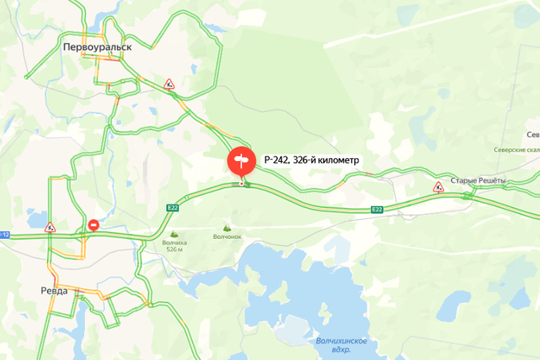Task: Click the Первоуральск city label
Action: click(x=97, y=46)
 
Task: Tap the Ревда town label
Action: click(x=53, y=291)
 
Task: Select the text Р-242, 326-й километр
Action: click(x=312, y=160)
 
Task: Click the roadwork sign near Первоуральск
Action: click(x=169, y=83)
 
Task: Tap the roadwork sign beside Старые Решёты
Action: click(x=438, y=187)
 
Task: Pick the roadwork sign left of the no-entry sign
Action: click(x=50, y=227)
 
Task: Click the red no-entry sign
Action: click(x=93, y=225)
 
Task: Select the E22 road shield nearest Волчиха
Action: click(x=172, y=207)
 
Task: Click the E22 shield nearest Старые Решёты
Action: click(x=376, y=209)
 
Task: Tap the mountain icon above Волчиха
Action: click(x=174, y=234)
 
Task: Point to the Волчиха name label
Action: click(x=174, y=243)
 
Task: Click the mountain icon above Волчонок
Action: click(x=227, y=228)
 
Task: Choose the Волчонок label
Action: click(x=227, y=237)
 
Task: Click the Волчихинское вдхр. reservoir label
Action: click(x=342, y=345)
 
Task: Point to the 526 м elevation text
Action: click(x=174, y=250)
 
